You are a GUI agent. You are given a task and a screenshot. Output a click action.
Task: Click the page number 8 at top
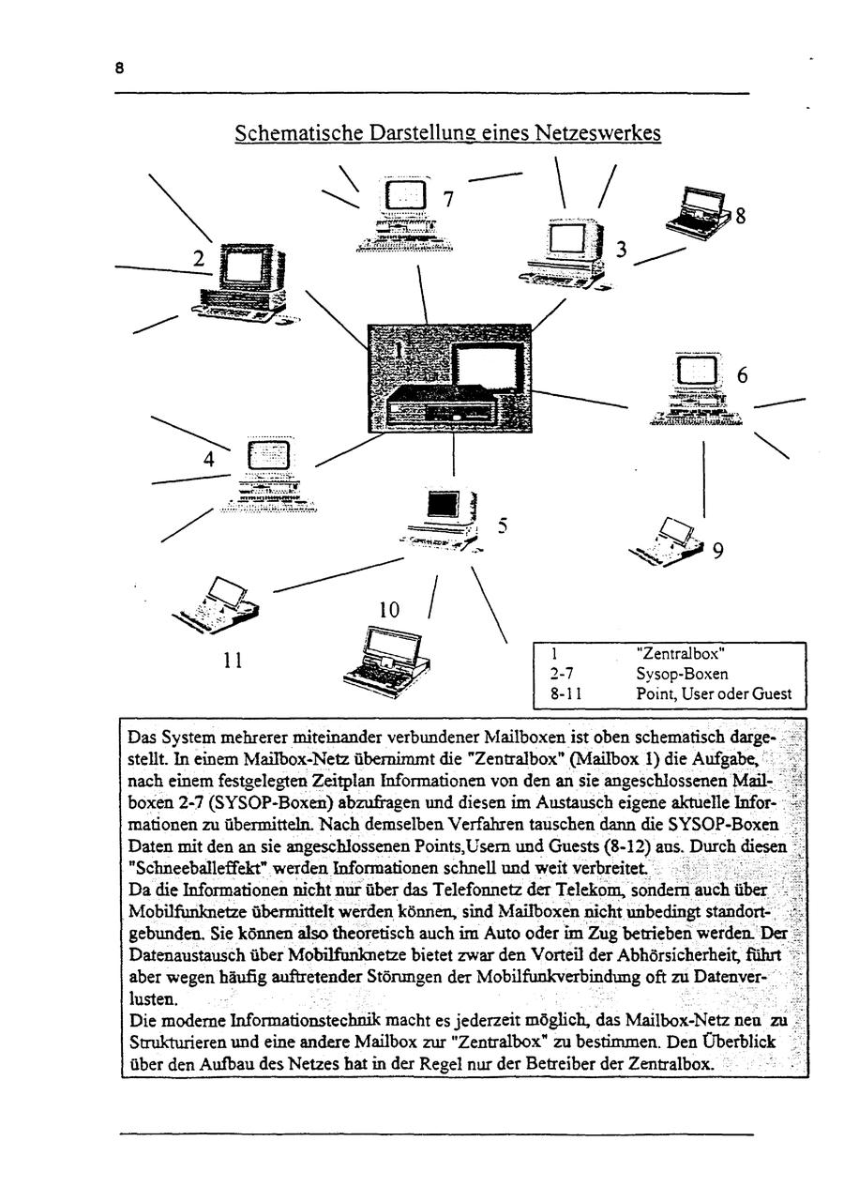click(x=120, y=68)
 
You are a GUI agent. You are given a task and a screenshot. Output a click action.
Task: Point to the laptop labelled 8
click(x=699, y=211)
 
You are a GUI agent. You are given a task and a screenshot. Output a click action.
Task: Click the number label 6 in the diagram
click(x=742, y=375)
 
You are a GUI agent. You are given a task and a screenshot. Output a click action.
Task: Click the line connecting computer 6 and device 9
click(x=703, y=479)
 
